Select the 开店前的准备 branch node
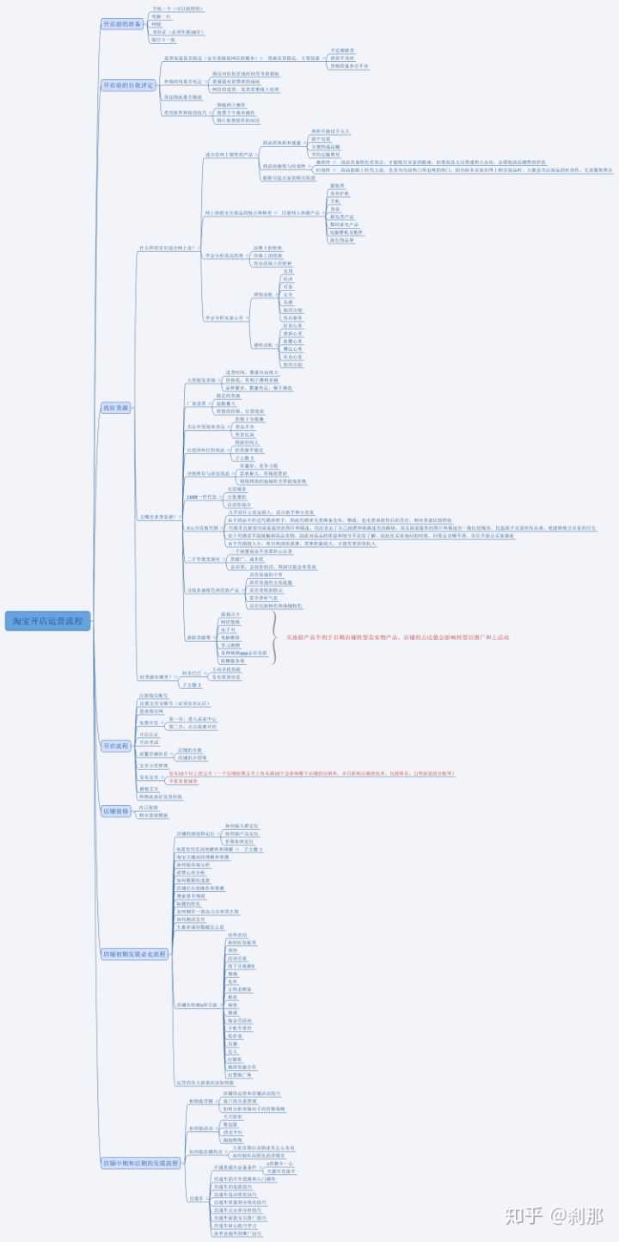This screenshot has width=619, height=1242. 121,24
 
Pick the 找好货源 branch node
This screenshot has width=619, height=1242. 116,408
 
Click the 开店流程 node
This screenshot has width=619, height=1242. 116,746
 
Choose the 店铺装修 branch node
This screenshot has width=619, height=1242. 116,811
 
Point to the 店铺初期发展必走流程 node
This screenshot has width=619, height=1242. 135,955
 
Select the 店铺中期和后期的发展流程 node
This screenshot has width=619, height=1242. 141,1163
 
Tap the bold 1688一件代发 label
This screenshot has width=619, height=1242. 201,497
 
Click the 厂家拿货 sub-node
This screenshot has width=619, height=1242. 196,403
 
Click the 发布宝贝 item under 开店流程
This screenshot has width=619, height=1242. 150,776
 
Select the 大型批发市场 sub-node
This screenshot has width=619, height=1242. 202,379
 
